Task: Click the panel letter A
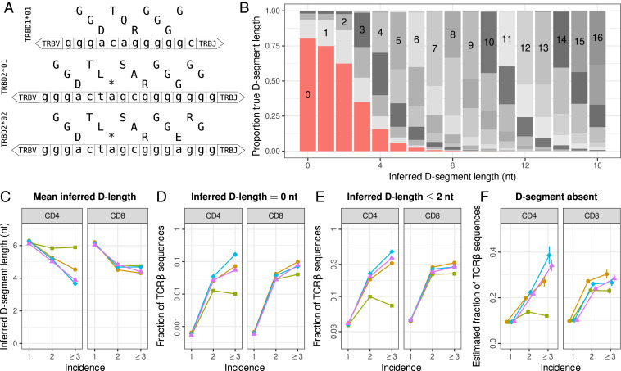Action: click(x=6, y=7)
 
